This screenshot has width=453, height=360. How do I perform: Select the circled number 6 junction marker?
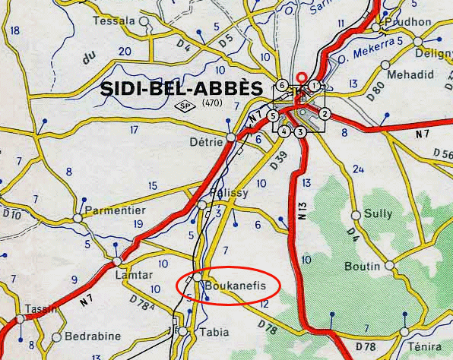(282, 85)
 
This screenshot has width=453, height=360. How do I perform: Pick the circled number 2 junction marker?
(325, 115)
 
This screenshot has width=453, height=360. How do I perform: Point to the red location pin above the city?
(302, 77)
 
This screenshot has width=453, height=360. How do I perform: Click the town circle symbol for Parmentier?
(78, 219)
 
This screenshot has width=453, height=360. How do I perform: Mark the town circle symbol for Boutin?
(389, 267)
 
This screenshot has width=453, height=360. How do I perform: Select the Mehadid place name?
(410, 74)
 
